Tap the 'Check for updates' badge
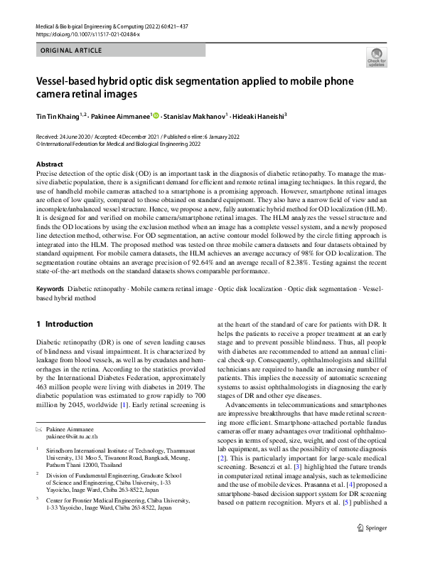click(x=375, y=57)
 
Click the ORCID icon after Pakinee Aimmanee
click(x=156, y=115)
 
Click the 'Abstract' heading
click(x=49, y=164)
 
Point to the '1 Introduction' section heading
click(x=64, y=324)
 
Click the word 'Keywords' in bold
click(x=50, y=289)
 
